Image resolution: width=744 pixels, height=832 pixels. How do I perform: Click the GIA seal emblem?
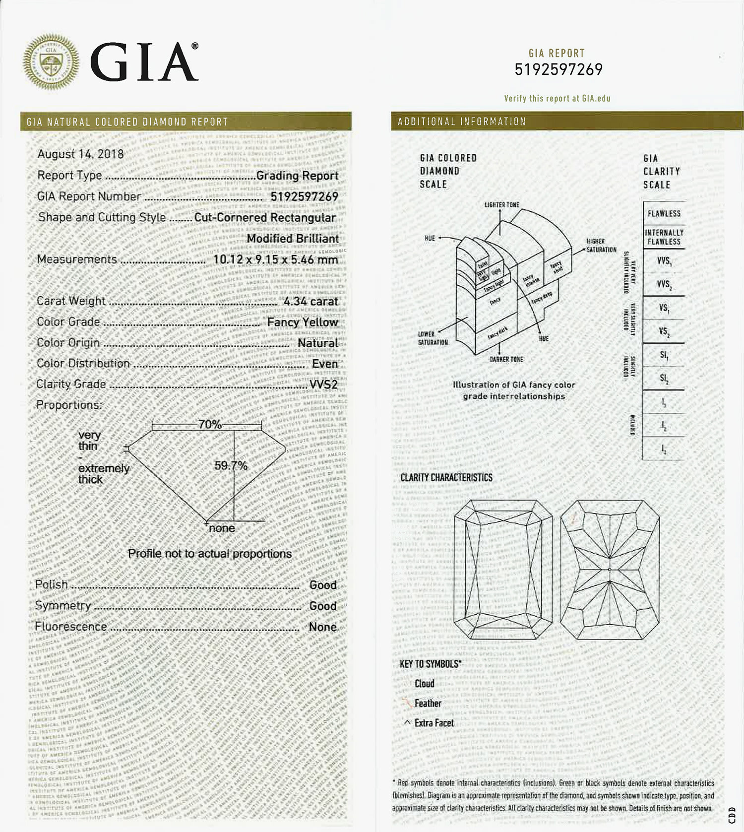[x=51, y=62]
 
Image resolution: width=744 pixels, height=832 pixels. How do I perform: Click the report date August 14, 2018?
[x=80, y=154]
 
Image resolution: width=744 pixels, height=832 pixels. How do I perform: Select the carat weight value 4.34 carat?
[x=310, y=301]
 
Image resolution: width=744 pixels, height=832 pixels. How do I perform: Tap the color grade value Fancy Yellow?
[x=303, y=322]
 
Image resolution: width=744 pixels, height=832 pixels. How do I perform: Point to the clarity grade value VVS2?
[x=323, y=384]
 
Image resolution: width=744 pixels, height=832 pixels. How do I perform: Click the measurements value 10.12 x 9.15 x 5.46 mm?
[x=275, y=259]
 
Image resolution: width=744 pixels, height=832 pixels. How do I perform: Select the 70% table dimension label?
[x=210, y=425]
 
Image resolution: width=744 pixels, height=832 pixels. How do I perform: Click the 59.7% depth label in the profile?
[x=231, y=465]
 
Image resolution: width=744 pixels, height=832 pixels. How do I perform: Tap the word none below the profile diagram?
[x=222, y=528]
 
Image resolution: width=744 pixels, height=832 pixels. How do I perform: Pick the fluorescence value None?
[x=322, y=627]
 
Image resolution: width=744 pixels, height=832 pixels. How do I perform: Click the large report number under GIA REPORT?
[x=558, y=69]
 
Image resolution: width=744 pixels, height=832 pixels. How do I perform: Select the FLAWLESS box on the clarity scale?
[x=664, y=213]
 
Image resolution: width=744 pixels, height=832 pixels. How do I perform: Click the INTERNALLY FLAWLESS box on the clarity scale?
[x=664, y=237]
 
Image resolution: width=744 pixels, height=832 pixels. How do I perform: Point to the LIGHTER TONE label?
[x=501, y=205]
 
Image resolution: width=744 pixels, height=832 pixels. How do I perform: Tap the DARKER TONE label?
[x=506, y=359]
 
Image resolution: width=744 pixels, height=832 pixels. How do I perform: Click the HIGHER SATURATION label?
[x=601, y=246]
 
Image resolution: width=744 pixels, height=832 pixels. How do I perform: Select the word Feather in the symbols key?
[x=428, y=703]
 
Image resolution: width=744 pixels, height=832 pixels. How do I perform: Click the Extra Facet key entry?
[x=434, y=723]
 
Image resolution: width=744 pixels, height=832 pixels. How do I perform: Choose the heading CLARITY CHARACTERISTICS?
[x=446, y=477]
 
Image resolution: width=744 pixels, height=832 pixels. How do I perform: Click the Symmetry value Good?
[x=323, y=606]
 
